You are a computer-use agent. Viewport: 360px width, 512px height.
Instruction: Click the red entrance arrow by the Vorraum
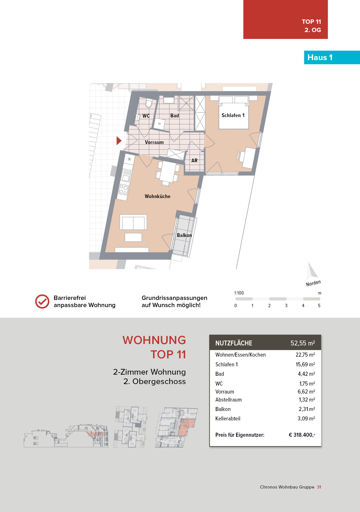click(x=119, y=141)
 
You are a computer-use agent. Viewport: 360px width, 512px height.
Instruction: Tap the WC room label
click(x=146, y=116)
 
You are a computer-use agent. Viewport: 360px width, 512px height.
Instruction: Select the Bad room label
click(x=175, y=116)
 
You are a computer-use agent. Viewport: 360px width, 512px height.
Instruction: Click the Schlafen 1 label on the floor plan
click(x=233, y=115)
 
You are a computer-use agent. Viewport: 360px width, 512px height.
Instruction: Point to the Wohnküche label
click(x=157, y=196)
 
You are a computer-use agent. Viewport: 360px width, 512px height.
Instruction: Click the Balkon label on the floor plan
click(x=184, y=235)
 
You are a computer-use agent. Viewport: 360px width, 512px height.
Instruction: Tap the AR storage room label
click(x=194, y=161)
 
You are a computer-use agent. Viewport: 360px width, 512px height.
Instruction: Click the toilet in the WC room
click(x=149, y=103)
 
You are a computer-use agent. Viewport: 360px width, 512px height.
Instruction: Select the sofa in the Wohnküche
click(x=133, y=222)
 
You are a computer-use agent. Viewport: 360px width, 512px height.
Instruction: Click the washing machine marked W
click(x=159, y=124)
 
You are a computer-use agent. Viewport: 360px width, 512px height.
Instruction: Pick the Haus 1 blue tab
click(x=332, y=58)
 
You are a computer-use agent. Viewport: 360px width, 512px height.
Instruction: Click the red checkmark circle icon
click(x=42, y=301)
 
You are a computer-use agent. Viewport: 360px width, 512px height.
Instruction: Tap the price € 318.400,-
click(x=302, y=435)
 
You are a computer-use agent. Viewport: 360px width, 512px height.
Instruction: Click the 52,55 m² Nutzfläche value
click(x=303, y=343)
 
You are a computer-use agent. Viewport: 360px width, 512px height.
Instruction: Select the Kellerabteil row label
click(x=228, y=418)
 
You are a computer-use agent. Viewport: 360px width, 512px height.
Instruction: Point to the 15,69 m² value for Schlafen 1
click(x=305, y=364)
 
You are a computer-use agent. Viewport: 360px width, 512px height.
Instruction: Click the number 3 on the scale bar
click(x=286, y=306)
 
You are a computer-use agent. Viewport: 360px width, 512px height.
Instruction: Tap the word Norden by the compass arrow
click(x=313, y=283)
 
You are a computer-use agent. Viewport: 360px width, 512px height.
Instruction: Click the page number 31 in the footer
click(x=319, y=487)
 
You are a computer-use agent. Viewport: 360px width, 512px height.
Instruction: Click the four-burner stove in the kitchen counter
click(x=123, y=189)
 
